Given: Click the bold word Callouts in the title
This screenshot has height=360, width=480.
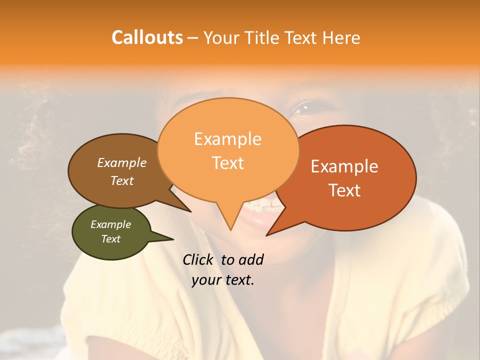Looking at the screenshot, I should (x=147, y=37).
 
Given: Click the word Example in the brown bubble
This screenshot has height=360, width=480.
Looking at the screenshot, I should (x=121, y=162).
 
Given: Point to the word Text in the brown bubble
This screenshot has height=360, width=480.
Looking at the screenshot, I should (x=121, y=180).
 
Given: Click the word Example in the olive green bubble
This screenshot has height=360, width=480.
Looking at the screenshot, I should (x=110, y=224).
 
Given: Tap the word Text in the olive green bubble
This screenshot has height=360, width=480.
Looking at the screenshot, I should (x=110, y=239).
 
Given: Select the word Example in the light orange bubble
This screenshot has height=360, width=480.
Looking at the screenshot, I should (x=227, y=139).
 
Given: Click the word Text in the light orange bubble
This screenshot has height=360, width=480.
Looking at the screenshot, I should (x=227, y=163).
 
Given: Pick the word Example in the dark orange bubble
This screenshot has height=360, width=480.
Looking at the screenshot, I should (x=344, y=166).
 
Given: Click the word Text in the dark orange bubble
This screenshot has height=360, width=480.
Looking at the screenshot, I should (x=344, y=190).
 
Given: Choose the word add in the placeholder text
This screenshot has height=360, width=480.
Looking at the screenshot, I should (x=250, y=259).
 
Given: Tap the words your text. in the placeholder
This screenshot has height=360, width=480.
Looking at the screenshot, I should (x=223, y=279).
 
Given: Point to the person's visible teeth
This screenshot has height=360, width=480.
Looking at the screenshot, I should (x=262, y=205).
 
